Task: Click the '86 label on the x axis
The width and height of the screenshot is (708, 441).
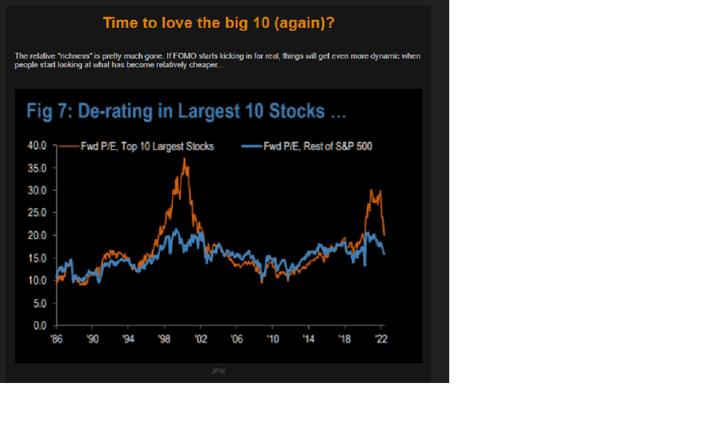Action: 57,339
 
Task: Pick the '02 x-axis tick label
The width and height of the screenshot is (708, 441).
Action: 201,339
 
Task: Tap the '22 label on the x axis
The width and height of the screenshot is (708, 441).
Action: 381,339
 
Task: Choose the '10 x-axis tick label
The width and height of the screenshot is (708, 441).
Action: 273,339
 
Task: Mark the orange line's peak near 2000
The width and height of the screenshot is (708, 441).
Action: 185,158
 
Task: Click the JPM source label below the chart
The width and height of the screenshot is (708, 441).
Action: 218,371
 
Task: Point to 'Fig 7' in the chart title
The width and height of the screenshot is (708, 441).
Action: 48,111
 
